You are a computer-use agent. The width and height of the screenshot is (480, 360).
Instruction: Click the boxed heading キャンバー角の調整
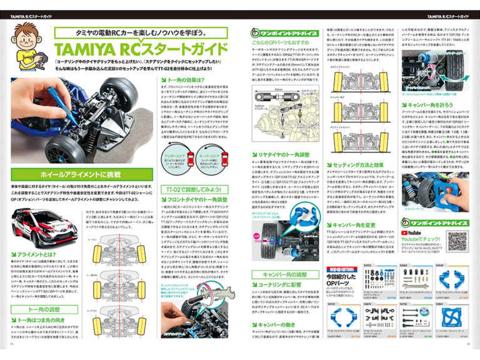point(287,274)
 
